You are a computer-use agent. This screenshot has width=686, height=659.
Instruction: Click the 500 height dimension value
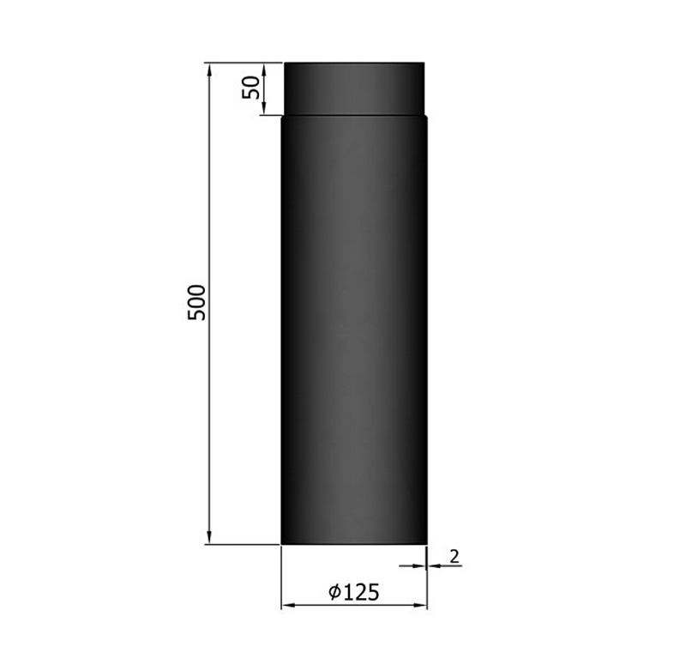pyautogui.click(x=197, y=302)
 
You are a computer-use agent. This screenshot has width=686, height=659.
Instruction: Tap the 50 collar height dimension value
pyautogui.click(x=251, y=88)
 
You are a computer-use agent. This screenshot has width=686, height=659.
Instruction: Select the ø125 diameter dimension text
pyautogui.click(x=354, y=591)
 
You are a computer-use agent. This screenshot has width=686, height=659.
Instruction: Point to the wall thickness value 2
pyautogui.click(x=454, y=556)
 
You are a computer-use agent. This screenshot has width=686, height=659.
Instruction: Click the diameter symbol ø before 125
pyautogui.click(x=335, y=592)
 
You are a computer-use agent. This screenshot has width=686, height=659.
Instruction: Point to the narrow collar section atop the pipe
pyautogui.click(x=354, y=88)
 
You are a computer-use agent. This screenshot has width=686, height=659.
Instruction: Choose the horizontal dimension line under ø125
pyautogui.click(x=354, y=606)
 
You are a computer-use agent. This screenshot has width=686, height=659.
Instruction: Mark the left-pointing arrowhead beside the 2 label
pyautogui.click(x=433, y=566)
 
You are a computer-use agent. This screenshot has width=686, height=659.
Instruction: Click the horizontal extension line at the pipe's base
pyautogui.click(x=244, y=544)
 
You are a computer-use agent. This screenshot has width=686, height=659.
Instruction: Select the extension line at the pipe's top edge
pyautogui.click(x=244, y=62)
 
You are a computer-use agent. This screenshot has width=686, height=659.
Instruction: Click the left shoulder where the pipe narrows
pyautogui.click(x=284, y=116)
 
